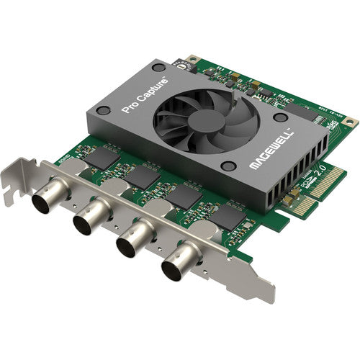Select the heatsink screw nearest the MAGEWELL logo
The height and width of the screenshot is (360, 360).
[228, 166]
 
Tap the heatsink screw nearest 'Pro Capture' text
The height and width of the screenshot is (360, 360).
[103, 111]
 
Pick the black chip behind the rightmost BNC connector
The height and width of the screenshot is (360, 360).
[229, 218]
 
